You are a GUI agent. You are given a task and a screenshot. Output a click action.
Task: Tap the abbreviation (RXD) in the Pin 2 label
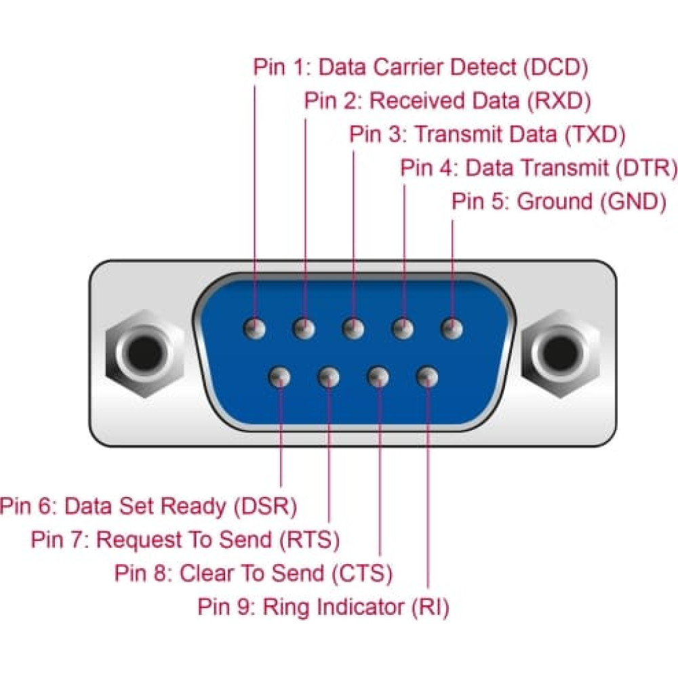(559, 101)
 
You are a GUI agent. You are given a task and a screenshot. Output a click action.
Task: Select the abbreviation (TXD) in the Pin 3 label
(595, 134)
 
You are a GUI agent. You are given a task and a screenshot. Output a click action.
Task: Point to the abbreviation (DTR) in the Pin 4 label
(645, 167)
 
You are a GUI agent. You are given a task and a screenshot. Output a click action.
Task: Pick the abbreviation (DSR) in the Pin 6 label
(265, 506)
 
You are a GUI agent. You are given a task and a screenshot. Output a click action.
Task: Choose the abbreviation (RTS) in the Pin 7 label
(309, 540)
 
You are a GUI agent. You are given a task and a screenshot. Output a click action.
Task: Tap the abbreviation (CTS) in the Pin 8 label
(362, 574)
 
